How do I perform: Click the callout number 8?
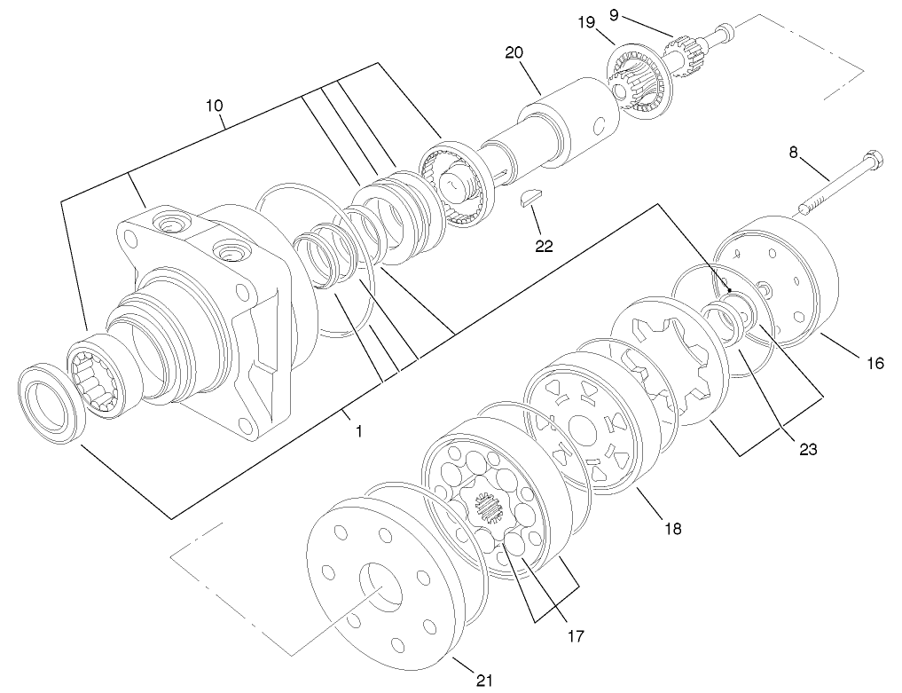tap(796, 152)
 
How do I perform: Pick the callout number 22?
tap(543, 246)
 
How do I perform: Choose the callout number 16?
tap(875, 362)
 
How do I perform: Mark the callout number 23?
tap(807, 448)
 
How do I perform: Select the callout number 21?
tap(483, 681)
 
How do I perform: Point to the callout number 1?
tap(358, 430)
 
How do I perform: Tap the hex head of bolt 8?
tap(871, 161)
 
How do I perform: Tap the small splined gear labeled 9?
tap(683, 43)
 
